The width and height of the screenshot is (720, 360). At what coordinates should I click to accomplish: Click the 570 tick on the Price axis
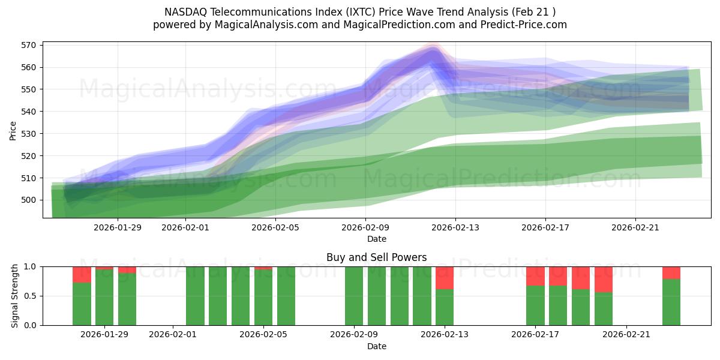click(29, 45)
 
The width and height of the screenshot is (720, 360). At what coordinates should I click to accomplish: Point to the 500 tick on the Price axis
click(29, 200)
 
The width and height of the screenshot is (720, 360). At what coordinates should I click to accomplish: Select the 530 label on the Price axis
click(29, 134)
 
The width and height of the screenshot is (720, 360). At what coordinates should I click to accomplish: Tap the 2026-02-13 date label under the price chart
click(455, 227)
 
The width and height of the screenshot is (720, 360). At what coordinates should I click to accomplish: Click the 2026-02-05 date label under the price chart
click(275, 227)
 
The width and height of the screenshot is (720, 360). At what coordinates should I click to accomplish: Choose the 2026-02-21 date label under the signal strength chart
click(626, 335)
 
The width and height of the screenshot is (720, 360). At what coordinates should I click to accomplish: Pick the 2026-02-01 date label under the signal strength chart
click(173, 335)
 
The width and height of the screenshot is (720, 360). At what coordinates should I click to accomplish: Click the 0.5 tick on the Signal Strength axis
click(30, 296)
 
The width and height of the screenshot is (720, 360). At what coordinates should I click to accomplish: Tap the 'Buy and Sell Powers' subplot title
click(376, 257)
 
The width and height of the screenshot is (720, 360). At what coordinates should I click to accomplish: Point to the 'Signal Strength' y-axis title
click(15, 296)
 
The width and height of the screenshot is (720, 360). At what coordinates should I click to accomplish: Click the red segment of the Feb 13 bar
click(445, 278)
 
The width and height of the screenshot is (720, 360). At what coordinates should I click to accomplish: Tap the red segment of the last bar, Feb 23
click(671, 272)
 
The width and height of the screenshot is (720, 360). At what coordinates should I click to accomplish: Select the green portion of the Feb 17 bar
click(535, 305)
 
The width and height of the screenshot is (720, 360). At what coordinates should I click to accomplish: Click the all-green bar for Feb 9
click(354, 296)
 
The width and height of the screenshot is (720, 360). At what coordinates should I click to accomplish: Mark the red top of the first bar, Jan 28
click(82, 274)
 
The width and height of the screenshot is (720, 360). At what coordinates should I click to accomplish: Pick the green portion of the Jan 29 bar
click(104, 298)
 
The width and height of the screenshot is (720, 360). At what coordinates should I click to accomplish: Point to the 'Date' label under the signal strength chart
click(376, 346)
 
